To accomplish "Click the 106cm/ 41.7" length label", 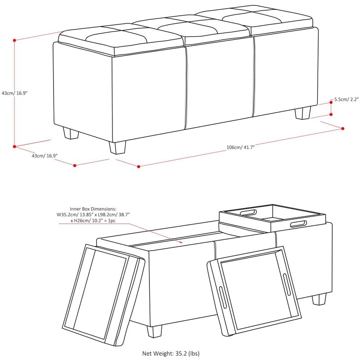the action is pos(241,147).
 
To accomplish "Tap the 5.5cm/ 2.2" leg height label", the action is pos(346,99).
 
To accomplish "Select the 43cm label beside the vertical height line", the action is pos(14,93).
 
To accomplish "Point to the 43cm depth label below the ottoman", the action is pos(45,156).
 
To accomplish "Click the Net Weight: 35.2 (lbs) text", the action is pos(171,353).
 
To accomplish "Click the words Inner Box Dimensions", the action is pos(93,209).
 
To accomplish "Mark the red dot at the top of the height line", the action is pos(14,40).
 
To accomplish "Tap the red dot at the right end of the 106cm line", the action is pos(343,129).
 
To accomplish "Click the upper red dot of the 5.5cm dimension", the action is pos(331,102).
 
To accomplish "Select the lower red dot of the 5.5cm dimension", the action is pos(331,114).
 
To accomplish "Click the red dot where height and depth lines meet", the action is pos(14,147).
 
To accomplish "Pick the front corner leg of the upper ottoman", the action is pos(117,148).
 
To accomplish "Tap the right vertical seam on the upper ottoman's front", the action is pos(254,76).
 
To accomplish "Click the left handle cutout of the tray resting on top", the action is pos(248,212).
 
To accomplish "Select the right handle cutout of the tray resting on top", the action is pos(298,224).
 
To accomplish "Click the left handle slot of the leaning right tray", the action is pos(223,297).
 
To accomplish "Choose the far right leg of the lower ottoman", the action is pos(319,299).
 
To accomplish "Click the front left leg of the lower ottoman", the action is pos(154,331).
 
